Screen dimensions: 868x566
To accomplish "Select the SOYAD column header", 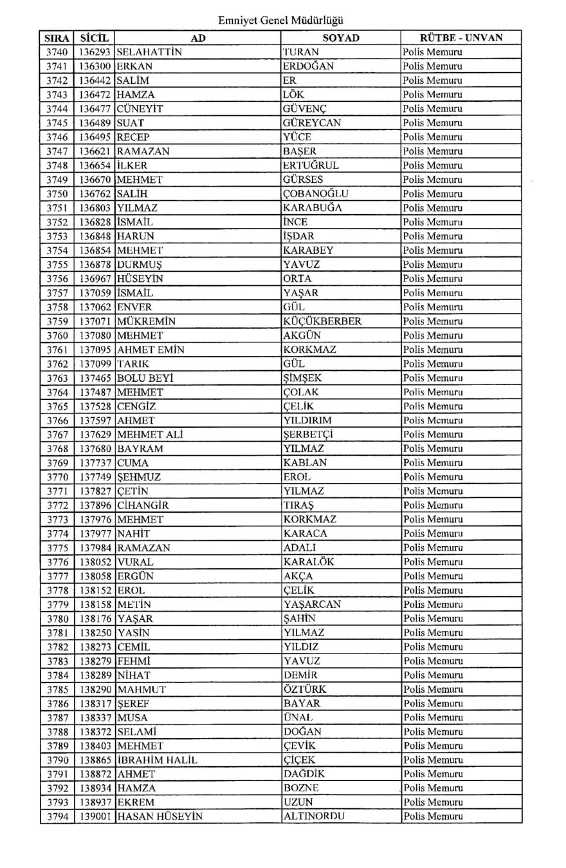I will click(x=340, y=39).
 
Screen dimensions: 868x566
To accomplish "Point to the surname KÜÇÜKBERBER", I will click(x=322, y=321).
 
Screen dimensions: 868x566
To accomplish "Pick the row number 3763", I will click(x=58, y=377).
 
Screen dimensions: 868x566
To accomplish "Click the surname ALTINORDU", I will click(x=314, y=816).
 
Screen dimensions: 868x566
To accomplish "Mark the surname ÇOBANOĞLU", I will click(x=316, y=194).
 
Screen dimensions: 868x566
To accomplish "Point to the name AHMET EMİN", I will click(x=151, y=350).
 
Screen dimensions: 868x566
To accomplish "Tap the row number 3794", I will click(x=58, y=816).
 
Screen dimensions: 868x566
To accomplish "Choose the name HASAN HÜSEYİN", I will click(x=160, y=816).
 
